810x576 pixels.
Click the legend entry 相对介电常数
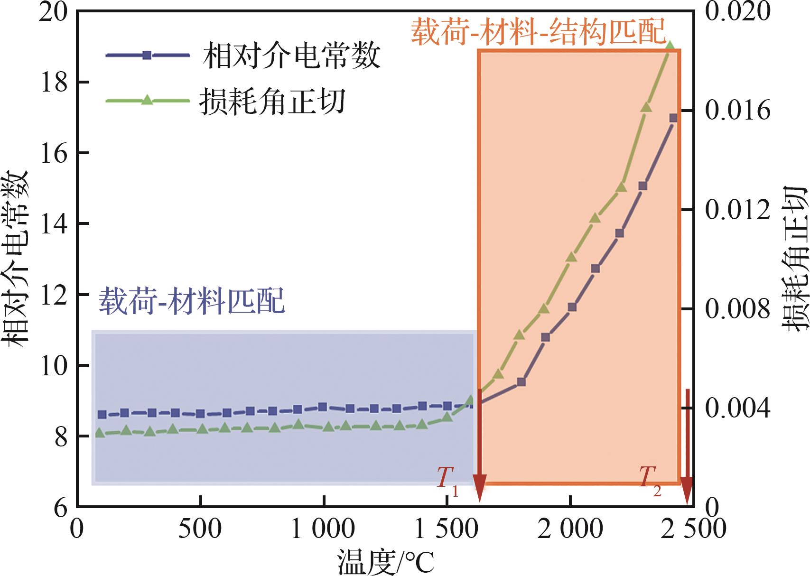click(x=291, y=56)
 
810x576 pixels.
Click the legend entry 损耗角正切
click(x=272, y=101)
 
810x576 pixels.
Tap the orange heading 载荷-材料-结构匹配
click(x=539, y=32)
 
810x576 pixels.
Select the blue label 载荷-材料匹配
click(x=192, y=301)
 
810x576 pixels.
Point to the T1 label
click(x=447, y=480)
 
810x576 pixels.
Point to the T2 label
click(x=650, y=480)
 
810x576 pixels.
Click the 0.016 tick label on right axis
click(x=737, y=111)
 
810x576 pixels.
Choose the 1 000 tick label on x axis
click(x=323, y=529)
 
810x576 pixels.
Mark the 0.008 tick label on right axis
click(x=737, y=309)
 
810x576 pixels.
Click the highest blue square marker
click(x=673, y=118)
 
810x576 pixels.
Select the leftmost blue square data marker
click(x=102, y=414)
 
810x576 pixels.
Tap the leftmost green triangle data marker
click(x=100, y=432)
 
